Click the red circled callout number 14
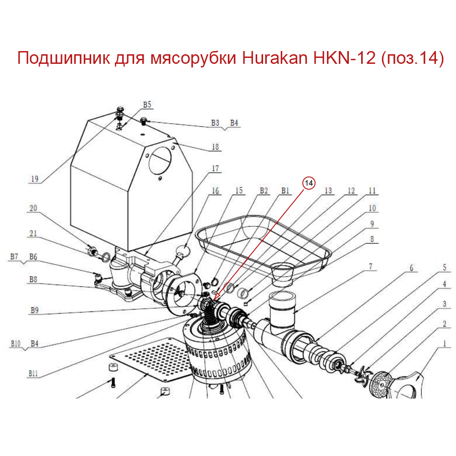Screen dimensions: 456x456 [x=309, y=183]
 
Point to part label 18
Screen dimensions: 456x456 [x=214, y=147]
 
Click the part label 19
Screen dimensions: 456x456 [x=34, y=179]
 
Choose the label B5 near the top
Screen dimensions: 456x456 [x=146, y=105]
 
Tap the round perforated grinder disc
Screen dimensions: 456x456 [x=381, y=384]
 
